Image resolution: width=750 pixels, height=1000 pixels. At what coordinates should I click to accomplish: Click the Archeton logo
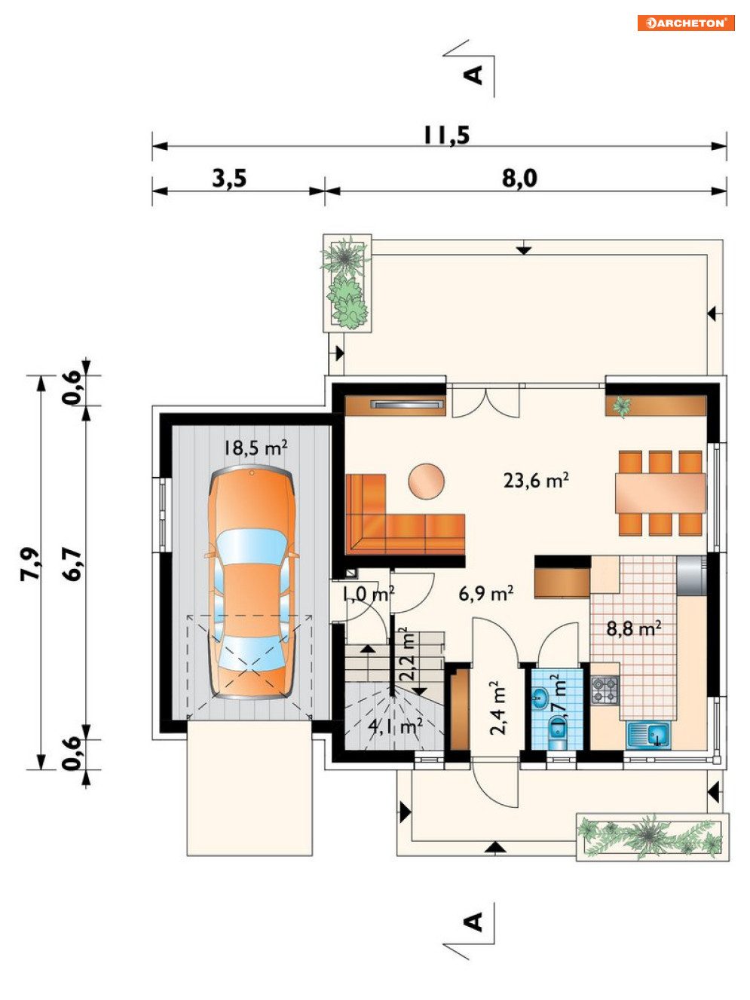click(685, 23)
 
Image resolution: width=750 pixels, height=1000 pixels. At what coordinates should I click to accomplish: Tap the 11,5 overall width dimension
click(446, 136)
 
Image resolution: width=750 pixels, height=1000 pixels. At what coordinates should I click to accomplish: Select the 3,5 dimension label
click(229, 178)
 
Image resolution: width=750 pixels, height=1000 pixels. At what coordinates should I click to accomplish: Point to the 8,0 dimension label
click(519, 178)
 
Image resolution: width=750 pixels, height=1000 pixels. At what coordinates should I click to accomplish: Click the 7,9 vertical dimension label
click(31, 564)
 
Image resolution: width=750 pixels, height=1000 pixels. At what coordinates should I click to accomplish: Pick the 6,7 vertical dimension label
click(72, 564)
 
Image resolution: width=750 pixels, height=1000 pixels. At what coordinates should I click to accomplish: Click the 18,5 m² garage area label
click(256, 448)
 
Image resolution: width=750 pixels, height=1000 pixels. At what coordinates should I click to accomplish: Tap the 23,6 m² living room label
click(536, 480)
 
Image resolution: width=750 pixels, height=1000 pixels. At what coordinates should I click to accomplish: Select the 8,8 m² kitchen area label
click(634, 628)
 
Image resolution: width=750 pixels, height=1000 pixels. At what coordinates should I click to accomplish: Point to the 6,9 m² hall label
click(485, 593)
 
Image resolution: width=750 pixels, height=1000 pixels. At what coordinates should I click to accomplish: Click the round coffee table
click(426, 482)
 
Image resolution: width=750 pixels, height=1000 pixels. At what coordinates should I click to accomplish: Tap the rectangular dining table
click(660, 494)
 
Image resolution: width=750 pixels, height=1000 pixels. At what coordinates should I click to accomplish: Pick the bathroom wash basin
click(541, 698)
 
